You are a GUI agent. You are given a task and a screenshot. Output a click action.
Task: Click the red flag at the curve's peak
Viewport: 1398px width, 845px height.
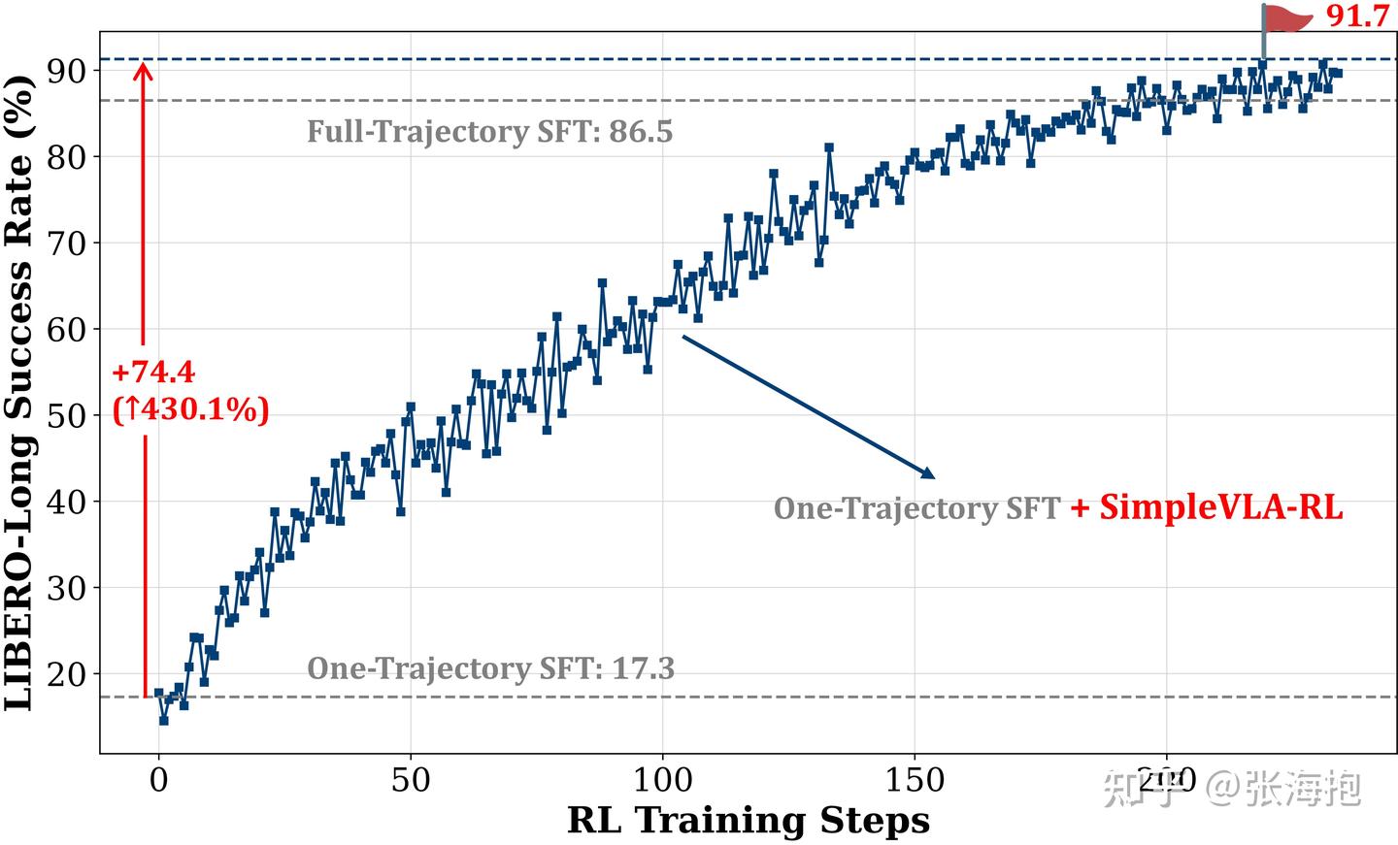coord(1287,18)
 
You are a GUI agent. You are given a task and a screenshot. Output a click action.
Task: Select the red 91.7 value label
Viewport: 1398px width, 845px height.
coord(1358,16)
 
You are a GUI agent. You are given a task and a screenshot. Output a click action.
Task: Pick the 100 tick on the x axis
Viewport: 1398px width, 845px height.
coord(662,780)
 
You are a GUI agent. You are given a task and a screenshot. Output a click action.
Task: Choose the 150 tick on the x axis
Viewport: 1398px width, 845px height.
coord(915,780)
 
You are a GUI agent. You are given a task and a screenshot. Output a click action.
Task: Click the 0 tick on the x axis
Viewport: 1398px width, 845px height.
coord(159,780)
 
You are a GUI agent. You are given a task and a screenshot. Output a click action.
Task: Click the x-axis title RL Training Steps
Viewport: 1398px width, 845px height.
coord(749,821)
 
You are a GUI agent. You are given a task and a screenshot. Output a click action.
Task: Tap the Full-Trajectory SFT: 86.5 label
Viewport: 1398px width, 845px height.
coord(489,132)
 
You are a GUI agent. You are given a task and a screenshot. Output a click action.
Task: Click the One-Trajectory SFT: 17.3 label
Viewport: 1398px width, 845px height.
coord(490,668)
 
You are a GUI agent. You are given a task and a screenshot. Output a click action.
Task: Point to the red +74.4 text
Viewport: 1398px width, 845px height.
coord(153,373)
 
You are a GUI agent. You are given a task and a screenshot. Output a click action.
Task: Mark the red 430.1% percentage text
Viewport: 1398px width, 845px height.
coord(191,409)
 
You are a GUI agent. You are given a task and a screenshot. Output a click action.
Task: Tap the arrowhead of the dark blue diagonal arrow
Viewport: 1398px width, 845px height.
coord(930,475)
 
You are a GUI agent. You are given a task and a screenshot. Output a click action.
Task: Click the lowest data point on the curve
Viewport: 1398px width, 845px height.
coord(163,720)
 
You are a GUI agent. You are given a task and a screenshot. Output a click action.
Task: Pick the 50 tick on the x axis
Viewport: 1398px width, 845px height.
coord(411,780)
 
